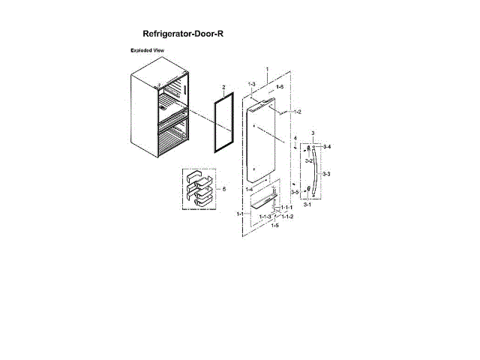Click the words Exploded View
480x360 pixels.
tap(148, 50)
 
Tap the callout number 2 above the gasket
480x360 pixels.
tap(223, 86)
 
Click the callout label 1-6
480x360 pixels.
tap(279, 88)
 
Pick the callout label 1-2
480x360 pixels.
tap(297, 112)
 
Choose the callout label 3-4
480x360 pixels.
tap(327, 146)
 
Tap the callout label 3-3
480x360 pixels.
tap(325, 174)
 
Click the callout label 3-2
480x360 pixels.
tap(308, 161)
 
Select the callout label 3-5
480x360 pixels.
tap(295, 193)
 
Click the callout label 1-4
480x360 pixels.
tap(248, 190)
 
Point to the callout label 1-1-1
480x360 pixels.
tap(286, 207)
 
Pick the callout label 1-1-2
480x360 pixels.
tap(286, 217)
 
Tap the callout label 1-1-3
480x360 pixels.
tap(265, 217)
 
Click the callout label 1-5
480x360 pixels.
tap(274, 225)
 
